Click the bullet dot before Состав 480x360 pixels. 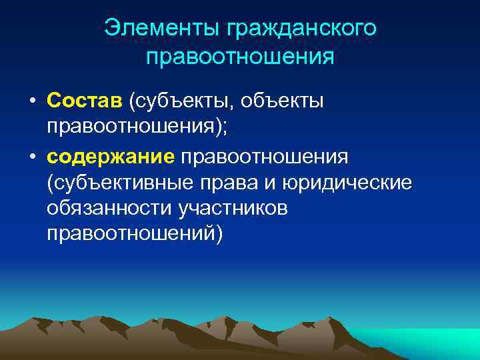33,101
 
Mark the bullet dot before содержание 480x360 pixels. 33,156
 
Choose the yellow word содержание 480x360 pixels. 111,155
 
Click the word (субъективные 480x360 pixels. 122,183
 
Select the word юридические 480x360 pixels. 350,183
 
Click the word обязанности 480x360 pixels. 110,209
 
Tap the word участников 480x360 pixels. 233,209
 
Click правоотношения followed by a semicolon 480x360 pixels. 133,128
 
